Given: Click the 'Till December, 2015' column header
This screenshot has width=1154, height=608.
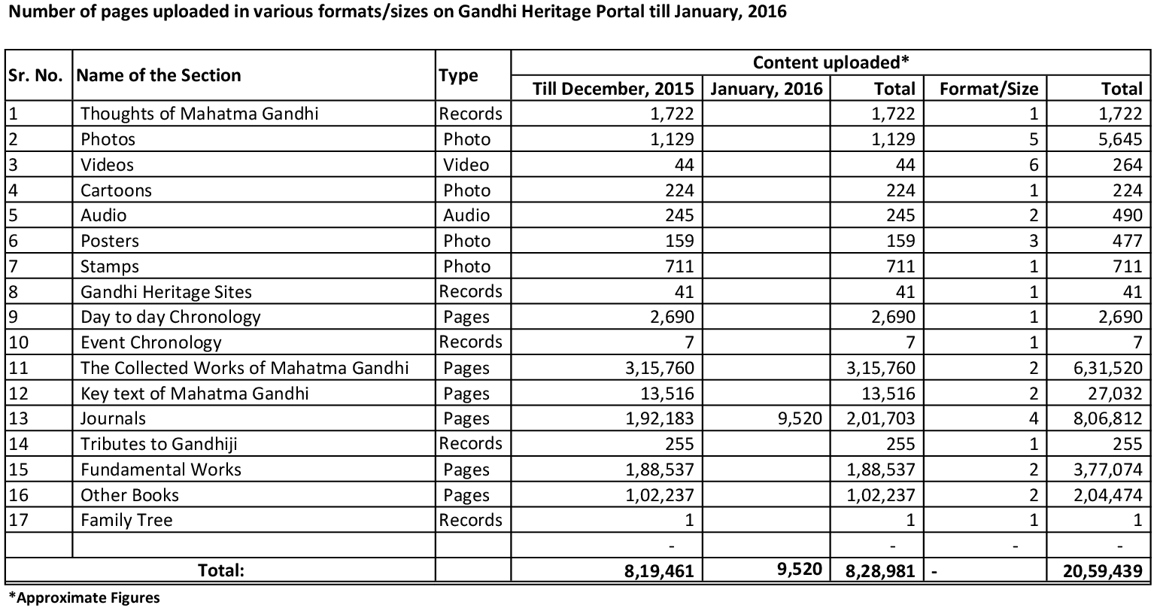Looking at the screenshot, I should [613, 89].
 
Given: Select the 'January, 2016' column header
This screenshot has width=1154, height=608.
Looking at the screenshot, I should [767, 89].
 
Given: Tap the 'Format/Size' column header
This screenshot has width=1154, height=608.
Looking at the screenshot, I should [988, 89].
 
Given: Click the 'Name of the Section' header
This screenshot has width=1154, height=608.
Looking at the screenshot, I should [159, 75].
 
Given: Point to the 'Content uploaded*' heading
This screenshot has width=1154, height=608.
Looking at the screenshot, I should [831, 62].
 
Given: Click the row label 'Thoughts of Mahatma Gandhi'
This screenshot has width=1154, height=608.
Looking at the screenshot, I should [199, 114].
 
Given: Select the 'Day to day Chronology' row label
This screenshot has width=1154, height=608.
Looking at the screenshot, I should [171, 317].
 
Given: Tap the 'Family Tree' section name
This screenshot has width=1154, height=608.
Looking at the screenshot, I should [126, 520].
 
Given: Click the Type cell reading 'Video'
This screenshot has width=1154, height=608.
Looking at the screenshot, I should [466, 165].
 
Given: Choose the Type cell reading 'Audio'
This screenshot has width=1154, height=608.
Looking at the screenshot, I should [466, 215].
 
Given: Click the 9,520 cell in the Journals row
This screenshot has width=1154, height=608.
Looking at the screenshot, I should [801, 418].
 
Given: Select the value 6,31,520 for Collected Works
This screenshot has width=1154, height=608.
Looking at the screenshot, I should [1110, 368].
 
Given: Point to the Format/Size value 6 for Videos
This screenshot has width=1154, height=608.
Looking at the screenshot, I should [1033, 165].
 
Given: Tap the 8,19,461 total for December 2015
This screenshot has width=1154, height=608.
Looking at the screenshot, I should [658, 571].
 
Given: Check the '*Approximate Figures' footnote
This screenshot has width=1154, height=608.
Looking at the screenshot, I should [84, 598].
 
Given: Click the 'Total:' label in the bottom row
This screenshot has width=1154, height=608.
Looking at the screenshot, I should [221, 570].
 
